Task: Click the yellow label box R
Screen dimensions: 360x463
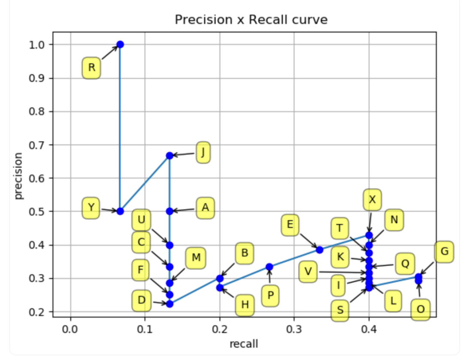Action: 91,68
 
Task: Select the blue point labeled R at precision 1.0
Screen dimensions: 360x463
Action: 120,45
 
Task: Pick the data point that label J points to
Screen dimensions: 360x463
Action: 169,156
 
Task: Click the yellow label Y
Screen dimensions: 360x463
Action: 91,208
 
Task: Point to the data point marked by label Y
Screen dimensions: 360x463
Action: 120,211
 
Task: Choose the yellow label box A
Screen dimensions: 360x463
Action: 205,208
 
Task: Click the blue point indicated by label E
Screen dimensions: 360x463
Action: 319,250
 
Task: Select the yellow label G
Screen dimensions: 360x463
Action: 445,252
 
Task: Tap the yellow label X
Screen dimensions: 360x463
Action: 372,199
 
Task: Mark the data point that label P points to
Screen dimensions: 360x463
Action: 269,267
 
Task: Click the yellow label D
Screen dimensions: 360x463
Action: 141,300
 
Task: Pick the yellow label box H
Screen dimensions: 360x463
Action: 245,305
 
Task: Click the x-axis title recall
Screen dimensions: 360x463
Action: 244,344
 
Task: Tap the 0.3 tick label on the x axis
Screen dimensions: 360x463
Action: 294,330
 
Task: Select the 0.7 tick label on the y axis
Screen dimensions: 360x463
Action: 37,145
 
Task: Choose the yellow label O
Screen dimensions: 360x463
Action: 421,309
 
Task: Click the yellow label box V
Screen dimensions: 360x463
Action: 307,272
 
